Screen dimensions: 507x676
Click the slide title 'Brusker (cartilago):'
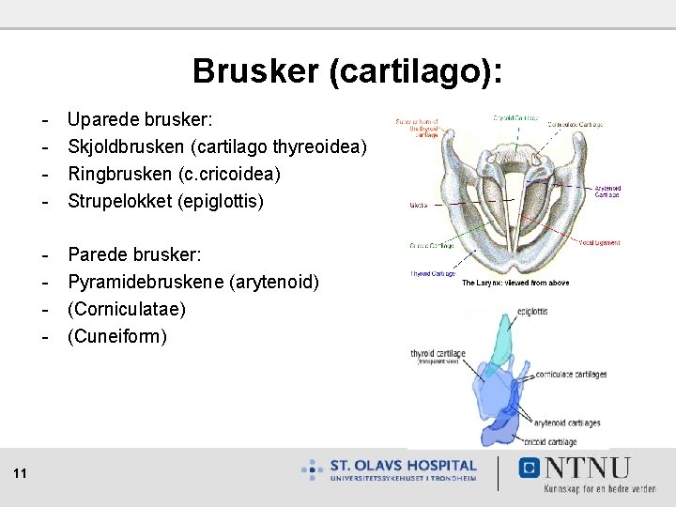click(x=346, y=71)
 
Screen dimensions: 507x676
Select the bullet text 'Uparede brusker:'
click(x=140, y=121)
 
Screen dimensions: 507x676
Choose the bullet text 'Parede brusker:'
click(x=134, y=255)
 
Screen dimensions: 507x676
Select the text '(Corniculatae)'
click(x=127, y=309)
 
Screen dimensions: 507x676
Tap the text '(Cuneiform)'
click(x=117, y=335)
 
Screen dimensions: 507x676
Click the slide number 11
click(x=20, y=473)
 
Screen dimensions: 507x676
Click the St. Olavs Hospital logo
click(x=389, y=469)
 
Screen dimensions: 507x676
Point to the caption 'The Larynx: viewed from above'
click(x=515, y=283)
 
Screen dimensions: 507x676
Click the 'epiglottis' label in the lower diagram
click(x=531, y=311)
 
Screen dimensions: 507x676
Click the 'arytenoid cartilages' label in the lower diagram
click(x=567, y=422)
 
